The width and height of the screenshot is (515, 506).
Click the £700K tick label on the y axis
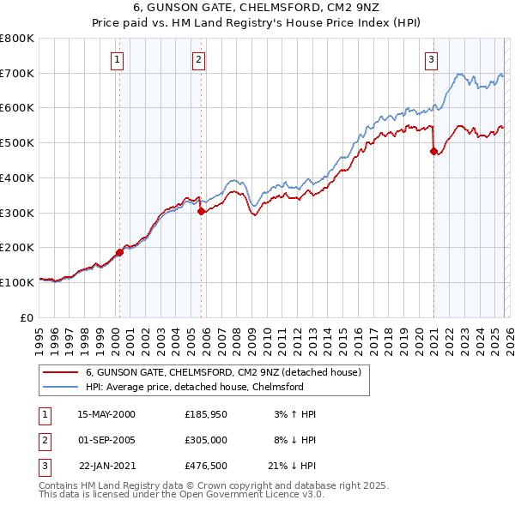tap(17, 73)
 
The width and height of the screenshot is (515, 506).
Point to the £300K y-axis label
tap(17, 213)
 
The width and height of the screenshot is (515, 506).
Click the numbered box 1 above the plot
tap(117, 59)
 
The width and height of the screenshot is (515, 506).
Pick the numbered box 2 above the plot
tap(198, 59)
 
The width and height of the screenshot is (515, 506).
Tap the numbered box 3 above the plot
tap(431, 59)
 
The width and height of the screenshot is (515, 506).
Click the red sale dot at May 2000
tap(119, 252)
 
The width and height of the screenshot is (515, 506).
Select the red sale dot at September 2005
tap(201, 210)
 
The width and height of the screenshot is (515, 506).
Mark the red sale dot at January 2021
tap(433, 151)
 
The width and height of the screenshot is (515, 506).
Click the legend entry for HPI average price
tap(195, 387)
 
